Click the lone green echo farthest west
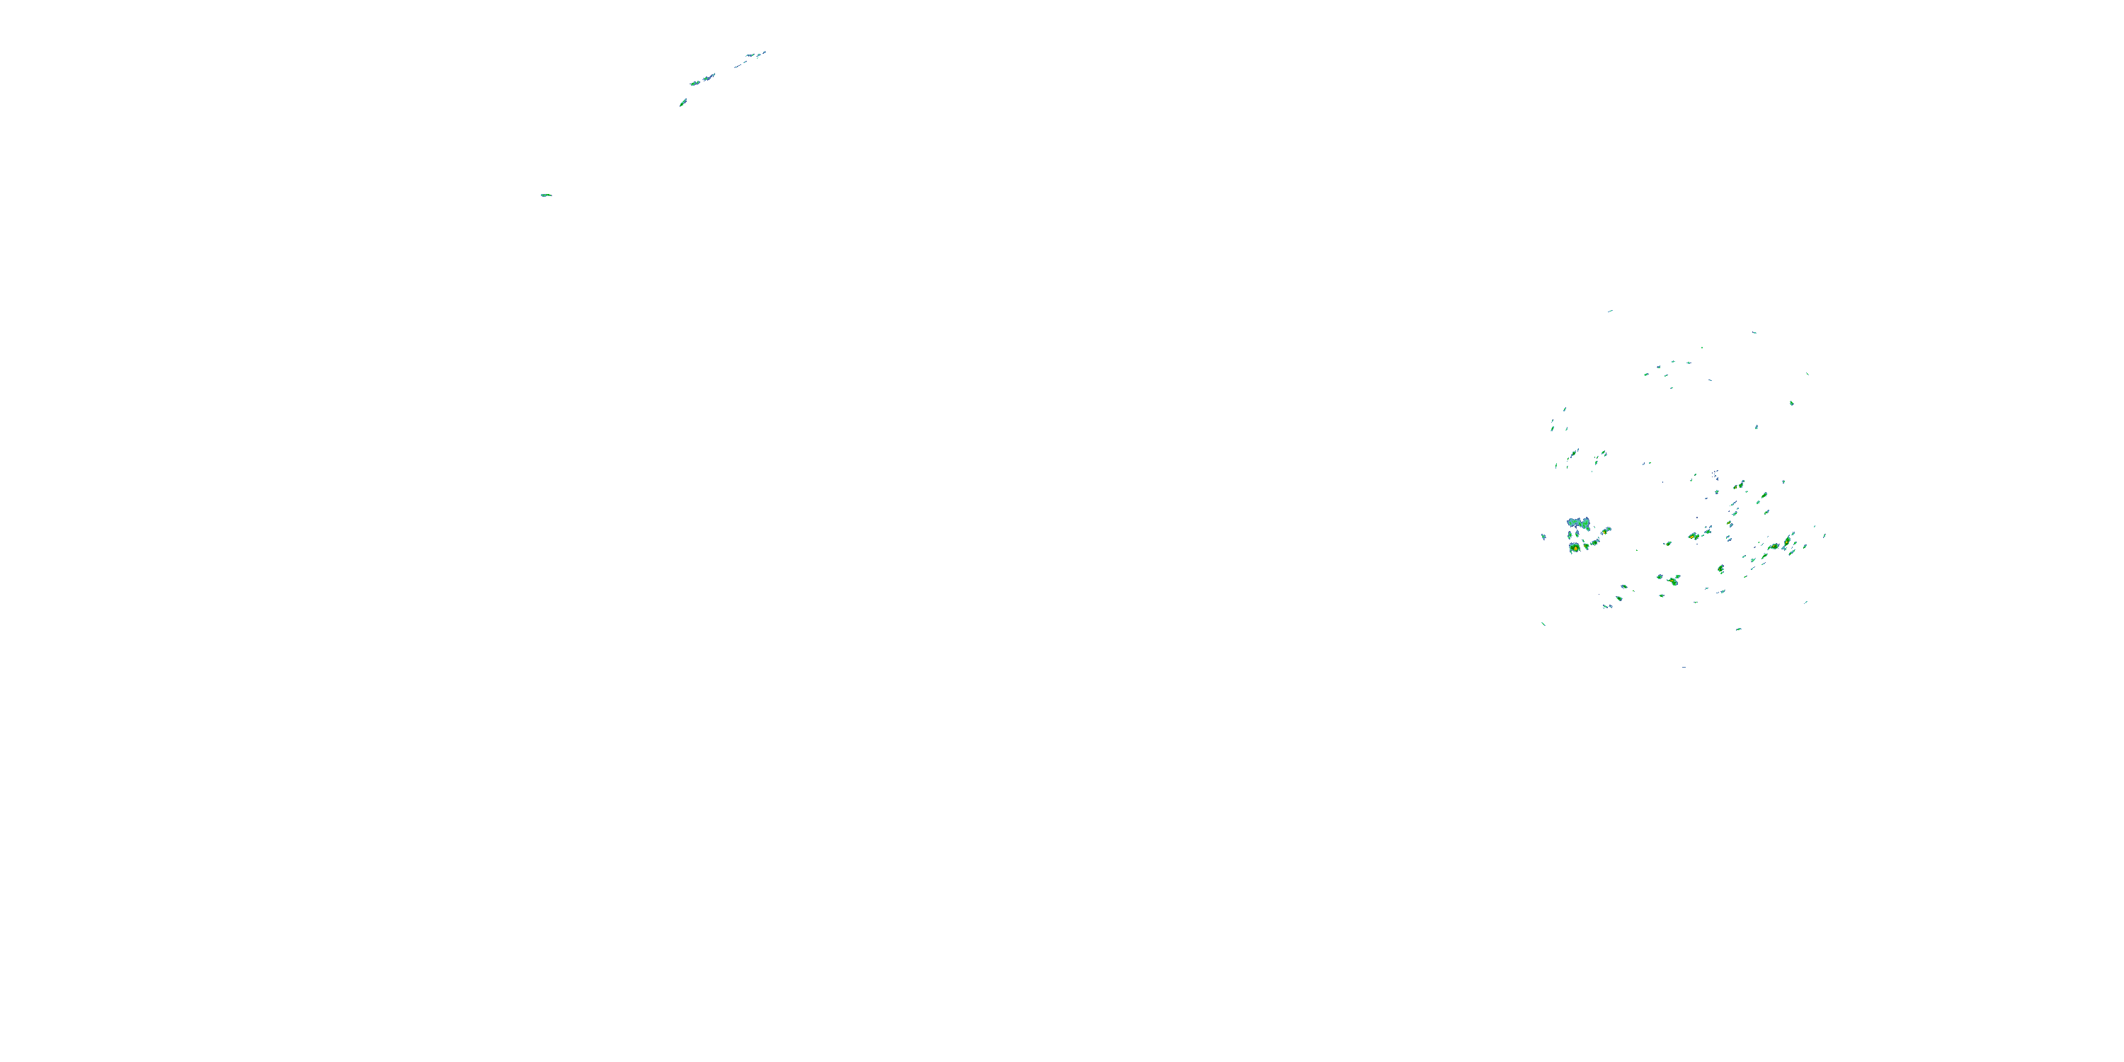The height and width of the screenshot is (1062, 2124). click(545, 195)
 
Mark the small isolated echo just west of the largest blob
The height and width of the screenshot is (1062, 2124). click(1543, 537)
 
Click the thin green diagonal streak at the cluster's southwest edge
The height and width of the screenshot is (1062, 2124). click(1543, 624)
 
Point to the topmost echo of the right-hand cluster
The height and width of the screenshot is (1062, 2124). click(1609, 311)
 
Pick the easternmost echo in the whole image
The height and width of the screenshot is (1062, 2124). click(1825, 535)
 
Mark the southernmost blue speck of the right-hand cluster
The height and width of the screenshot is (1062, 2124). click(1684, 667)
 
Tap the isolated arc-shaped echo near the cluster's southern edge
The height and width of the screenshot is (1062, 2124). click(1738, 629)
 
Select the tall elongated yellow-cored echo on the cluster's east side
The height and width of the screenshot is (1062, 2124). click(1788, 541)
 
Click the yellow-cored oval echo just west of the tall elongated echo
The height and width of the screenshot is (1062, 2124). click(1774, 546)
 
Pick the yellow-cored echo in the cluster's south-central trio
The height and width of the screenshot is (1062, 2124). click(1673, 581)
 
